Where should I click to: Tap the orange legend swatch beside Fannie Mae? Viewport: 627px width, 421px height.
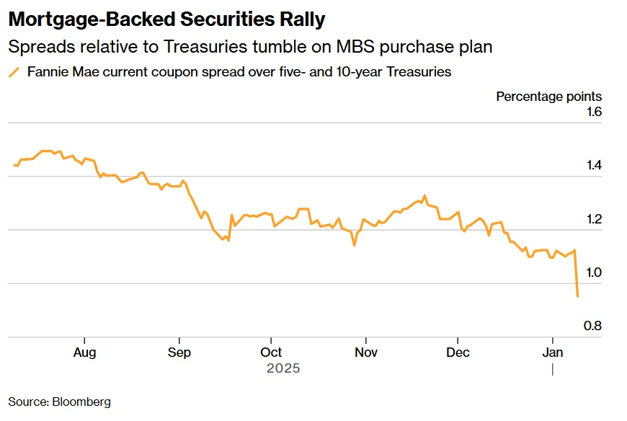[x=14, y=72]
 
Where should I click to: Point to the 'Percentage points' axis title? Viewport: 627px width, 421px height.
[x=548, y=97]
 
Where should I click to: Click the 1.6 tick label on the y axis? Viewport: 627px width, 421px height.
[x=593, y=112]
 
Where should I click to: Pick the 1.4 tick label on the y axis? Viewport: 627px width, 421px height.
[x=593, y=166]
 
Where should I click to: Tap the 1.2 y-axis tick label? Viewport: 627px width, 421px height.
[x=593, y=219]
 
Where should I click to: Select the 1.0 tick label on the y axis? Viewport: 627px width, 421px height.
[x=593, y=272]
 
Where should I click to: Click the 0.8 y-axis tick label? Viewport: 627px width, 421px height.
[x=593, y=326]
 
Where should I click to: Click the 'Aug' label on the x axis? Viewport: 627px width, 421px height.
[x=85, y=353]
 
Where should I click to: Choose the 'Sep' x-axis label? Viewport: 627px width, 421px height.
[x=179, y=353]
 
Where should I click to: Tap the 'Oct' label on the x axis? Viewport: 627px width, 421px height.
[x=271, y=353]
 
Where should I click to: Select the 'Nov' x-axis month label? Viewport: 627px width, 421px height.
[x=365, y=353]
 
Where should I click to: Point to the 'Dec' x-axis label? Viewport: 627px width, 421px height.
[x=458, y=353]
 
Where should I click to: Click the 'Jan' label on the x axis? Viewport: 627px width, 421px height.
[x=552, y=353]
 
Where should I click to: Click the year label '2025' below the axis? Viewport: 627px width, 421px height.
[x=283, y=368]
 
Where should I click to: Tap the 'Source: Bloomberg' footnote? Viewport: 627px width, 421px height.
[x=60, y=402]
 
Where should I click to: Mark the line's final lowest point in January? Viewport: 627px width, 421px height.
[x=577, y=296]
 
